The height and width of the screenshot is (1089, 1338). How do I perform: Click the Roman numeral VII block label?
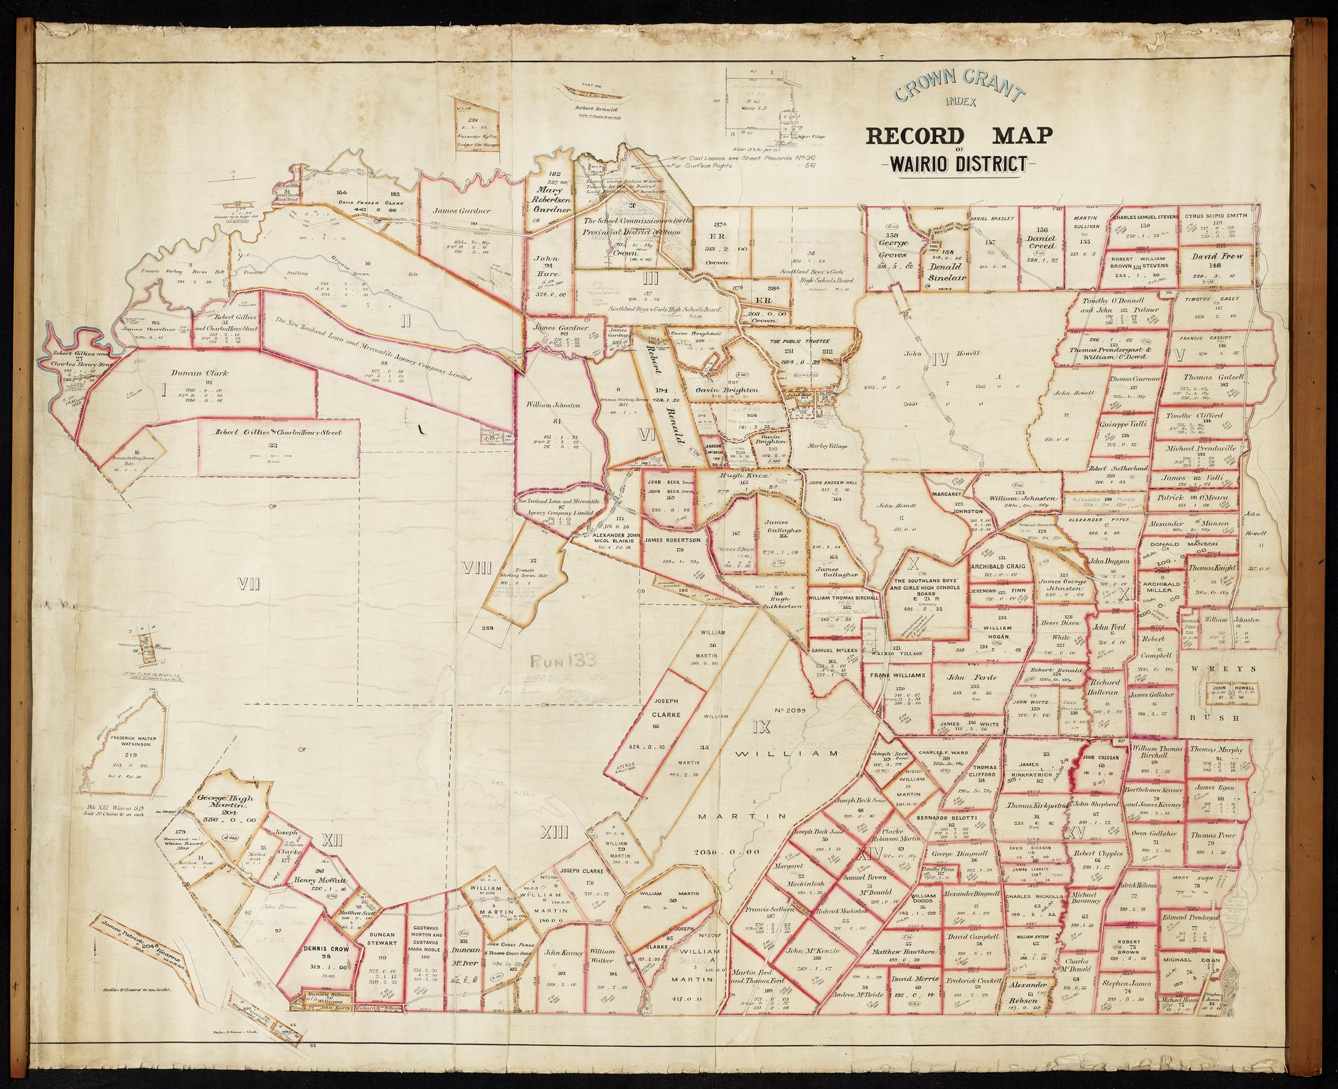[x=248, y=585]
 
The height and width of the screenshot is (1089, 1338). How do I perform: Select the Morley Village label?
[x=827, y=446]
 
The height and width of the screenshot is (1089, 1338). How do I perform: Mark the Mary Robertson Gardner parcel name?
[x=552, y=199]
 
